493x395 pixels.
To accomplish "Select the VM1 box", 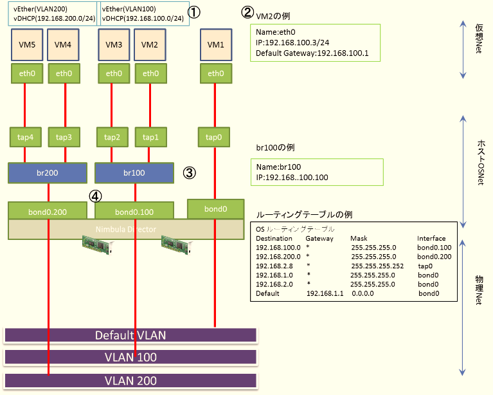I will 216,44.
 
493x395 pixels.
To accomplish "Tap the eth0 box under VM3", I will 113,74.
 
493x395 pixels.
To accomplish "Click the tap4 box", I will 24,136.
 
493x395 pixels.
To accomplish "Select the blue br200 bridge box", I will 48,172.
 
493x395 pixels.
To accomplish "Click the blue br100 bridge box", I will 134,172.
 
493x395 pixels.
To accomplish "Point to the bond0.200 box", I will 48,210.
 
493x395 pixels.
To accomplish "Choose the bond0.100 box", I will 134,210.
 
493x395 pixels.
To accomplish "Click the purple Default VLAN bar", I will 130,335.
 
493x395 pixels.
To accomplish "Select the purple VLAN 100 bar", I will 130,357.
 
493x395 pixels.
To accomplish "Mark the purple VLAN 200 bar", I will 130,380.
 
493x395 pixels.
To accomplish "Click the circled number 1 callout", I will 193,12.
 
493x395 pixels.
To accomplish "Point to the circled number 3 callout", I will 189,172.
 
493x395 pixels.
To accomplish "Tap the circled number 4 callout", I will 95,194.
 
